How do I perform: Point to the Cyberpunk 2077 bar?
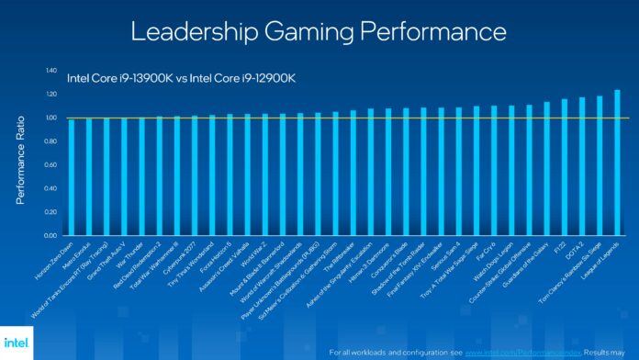(x=195, y=174)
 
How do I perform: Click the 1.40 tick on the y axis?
(x=50, y=71)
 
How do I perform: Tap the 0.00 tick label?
(x=50, y=234)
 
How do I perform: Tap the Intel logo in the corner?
(x=21, y=341)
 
